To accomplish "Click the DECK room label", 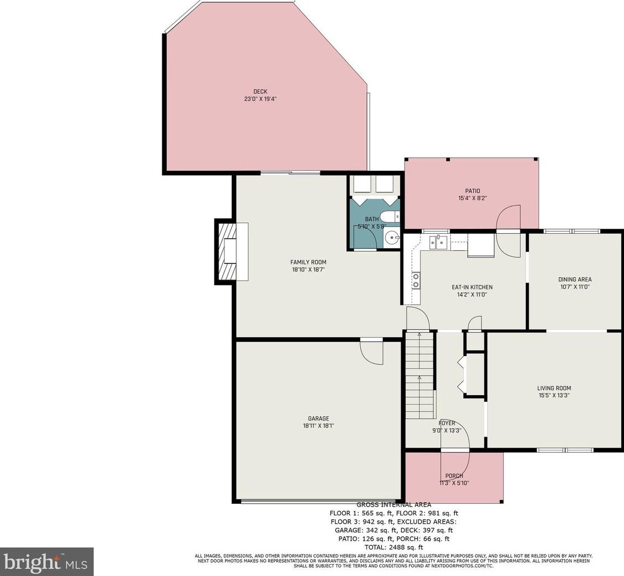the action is coord(260,91).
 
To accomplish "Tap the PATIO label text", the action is coord(472,191).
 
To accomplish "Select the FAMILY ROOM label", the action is coord(308,262).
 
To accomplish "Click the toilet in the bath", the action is coord(390,217).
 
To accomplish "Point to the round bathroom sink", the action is coord(392,239).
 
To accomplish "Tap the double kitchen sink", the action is coord(438,241).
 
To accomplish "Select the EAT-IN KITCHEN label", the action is coord(472,287).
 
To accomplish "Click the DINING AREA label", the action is coord(575,279).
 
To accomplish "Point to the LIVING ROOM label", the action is coord(554,388).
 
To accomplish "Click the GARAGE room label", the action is coord(318,418).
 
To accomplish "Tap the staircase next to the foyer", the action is coord(419,375).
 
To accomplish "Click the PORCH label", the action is coord(454,476).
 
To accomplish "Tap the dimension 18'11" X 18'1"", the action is coord(318,426).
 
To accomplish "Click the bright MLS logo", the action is coord(46,562).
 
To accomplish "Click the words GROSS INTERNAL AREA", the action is coord(393,505).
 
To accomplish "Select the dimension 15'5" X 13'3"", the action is coord(554,396).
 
